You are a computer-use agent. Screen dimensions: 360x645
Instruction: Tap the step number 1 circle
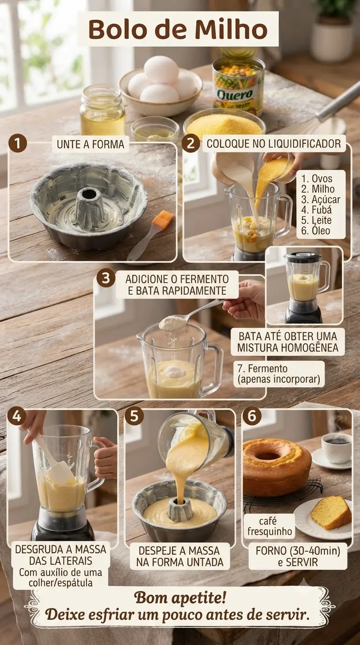point(17,143)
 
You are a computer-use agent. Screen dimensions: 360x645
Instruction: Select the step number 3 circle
point(105,278)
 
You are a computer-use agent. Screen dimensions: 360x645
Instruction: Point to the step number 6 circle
point(252,416)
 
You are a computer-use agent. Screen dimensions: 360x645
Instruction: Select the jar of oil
point(103,110)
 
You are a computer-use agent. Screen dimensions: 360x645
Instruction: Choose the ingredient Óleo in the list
point(315,230)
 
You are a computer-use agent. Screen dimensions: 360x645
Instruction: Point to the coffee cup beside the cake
point(336,448)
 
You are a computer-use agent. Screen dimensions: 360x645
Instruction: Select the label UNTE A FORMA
point(90,144)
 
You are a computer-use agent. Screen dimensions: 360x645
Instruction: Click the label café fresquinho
point(270,526)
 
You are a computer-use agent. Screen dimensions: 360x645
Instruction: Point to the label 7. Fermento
point(262,368)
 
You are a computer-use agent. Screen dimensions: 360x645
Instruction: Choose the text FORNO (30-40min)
point(298,551)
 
